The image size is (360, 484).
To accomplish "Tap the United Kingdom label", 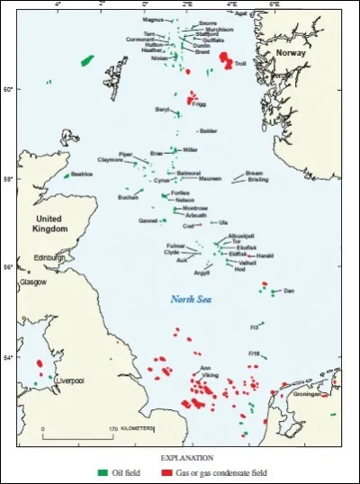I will [50, 224].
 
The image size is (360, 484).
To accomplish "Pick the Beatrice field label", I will [84, 175].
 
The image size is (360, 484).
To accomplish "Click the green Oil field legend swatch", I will [103, 471].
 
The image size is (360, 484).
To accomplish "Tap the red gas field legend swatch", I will [166, 471].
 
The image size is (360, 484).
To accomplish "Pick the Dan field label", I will [289, 291].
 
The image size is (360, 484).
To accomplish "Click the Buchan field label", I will [128, 197].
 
